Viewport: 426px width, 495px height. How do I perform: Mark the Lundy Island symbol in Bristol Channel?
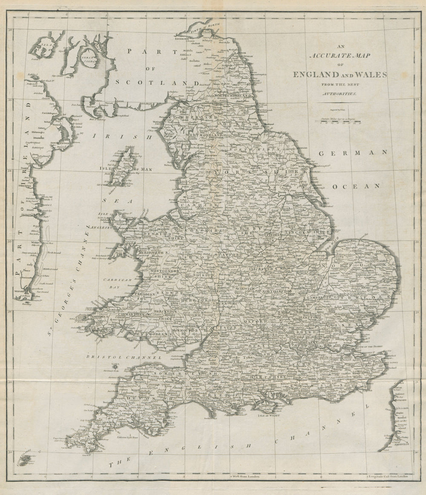point(115,365)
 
